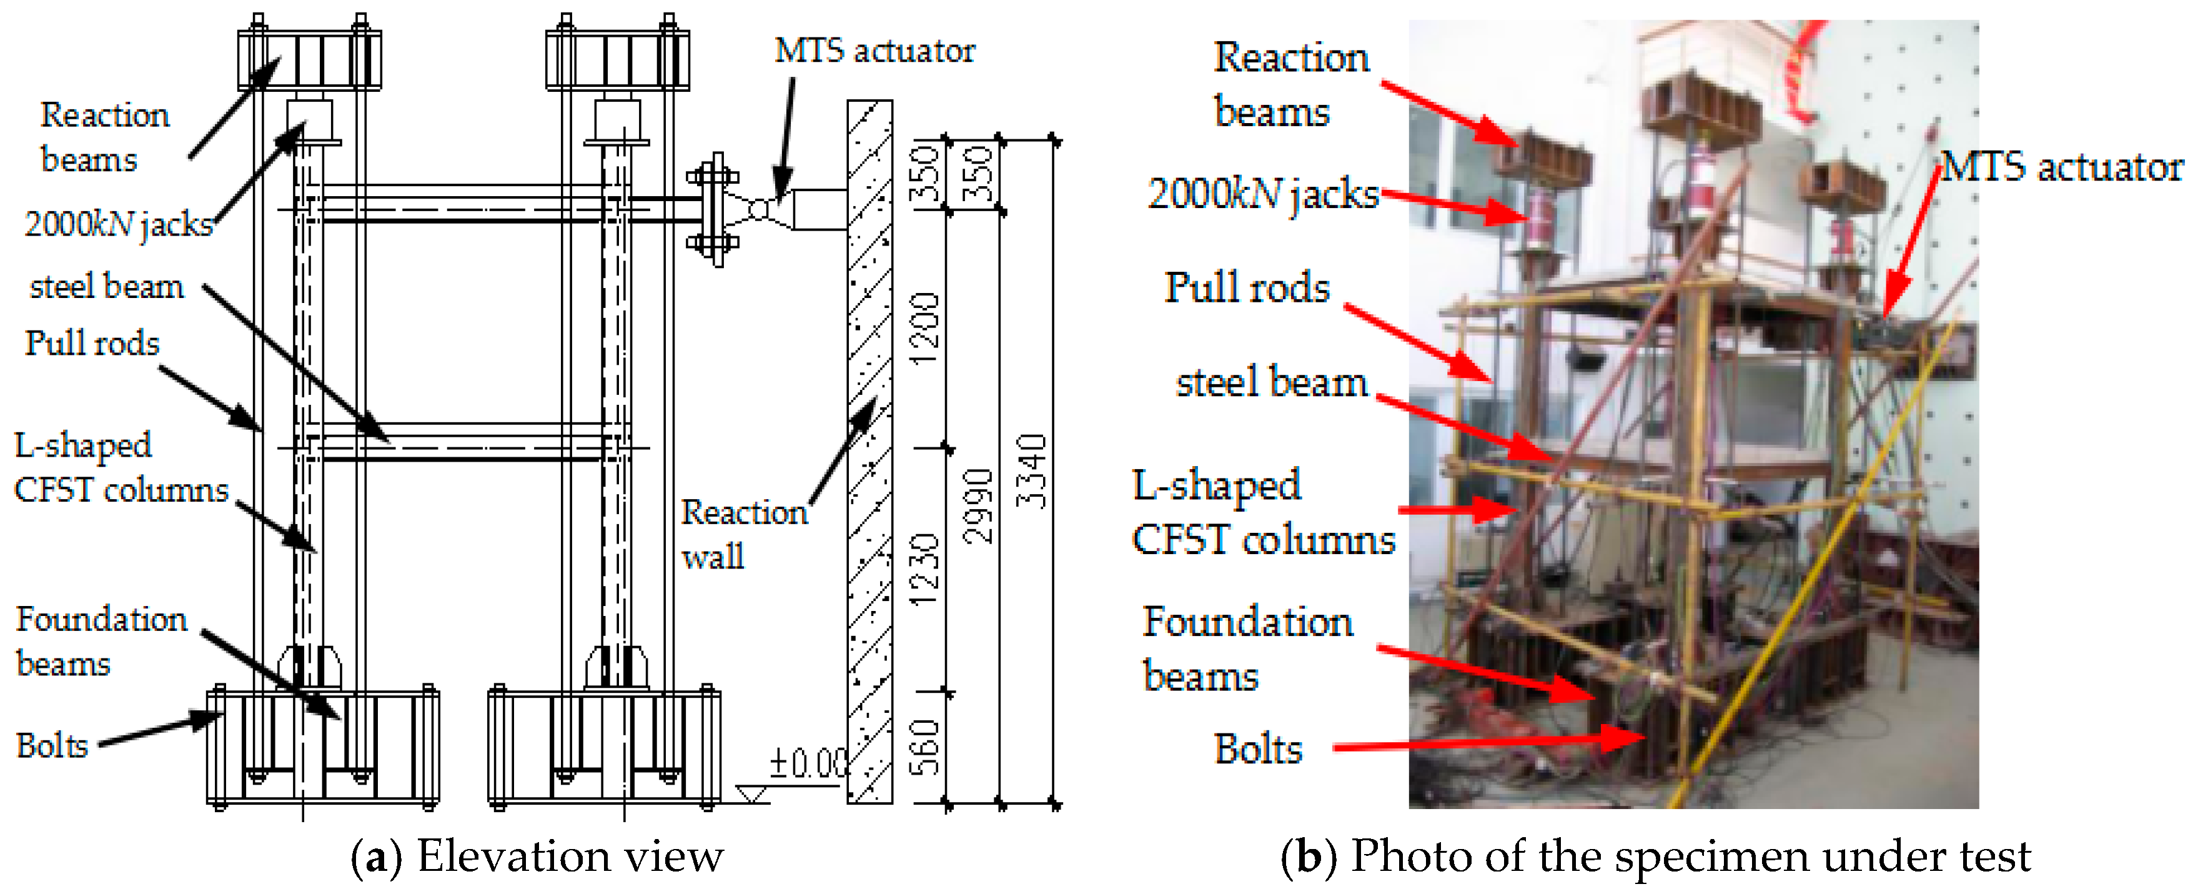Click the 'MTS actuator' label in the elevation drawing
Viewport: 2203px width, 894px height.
[874, 51]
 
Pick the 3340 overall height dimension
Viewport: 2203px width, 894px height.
[1032, 470]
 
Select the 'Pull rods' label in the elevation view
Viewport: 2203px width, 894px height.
[92, 343]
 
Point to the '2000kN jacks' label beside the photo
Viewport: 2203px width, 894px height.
[1262, 194]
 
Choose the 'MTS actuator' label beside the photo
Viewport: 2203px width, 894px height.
[2062, 167]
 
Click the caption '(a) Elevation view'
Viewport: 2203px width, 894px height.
[537, 857]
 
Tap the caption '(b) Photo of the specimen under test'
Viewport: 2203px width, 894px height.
[1655, 857]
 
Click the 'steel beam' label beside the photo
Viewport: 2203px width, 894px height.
[1272, 382]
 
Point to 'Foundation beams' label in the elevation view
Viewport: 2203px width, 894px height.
[101, 641]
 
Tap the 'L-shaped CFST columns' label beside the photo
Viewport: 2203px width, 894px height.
[1262, 512]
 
